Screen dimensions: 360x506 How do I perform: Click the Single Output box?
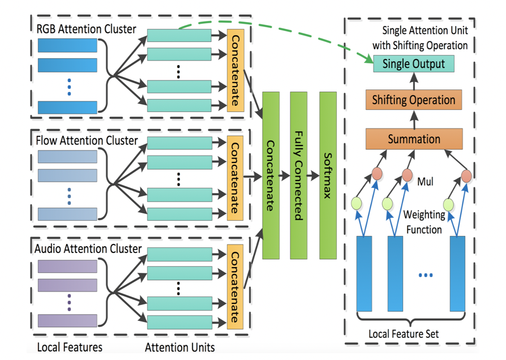tap(413, 63)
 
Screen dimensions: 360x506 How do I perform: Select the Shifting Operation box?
tap(413, 100)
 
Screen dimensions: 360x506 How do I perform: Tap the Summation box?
tap(413, 139)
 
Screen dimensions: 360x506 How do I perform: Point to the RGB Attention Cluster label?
tap(86, 28)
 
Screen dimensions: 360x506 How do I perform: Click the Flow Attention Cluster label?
tap(86, 139)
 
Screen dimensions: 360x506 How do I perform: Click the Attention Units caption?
tap(179, 346)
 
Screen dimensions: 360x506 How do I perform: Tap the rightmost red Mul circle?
tap(466, 175)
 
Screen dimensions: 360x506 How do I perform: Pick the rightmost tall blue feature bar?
tap(457, 273)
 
